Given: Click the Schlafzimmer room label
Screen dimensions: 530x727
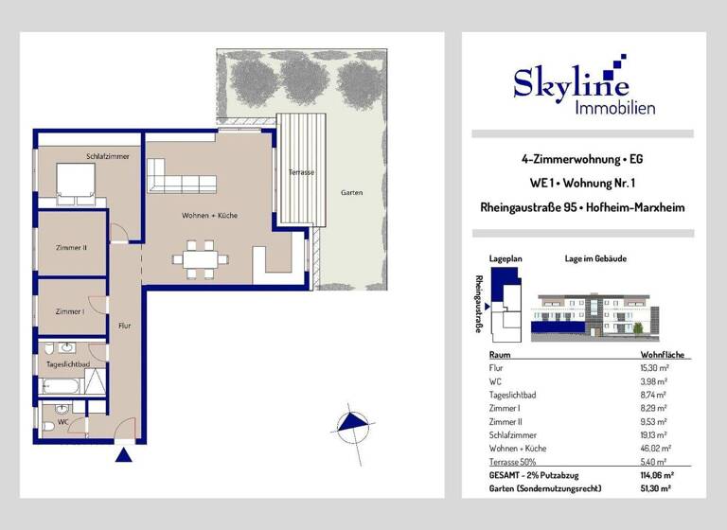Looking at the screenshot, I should pyautogui.click(x=107, y=156).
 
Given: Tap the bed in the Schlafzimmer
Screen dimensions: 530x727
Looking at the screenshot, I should pyautogui.click(x=76, y=181).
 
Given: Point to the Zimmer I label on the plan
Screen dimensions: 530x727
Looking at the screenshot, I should pyautogui.click(x=70, y=311).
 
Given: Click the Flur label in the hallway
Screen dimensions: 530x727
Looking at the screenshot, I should pyautogui.click(x=125, y=326).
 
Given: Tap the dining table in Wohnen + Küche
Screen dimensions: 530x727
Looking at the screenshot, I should pyautogui.click(x=199, y=257).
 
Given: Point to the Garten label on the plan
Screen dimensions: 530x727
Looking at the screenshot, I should pyautogui.click(x=351, y=193).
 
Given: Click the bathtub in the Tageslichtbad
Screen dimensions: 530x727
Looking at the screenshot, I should pyautogui.click(x=62, y=385).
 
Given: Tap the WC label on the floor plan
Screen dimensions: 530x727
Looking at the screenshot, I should pyautogui.click(x=62, y=422).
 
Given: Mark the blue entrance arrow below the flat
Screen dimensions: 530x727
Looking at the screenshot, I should pyautogui.click(x=123, y=457).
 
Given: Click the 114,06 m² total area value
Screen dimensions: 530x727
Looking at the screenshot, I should pyautogui.click(x=655, y=475).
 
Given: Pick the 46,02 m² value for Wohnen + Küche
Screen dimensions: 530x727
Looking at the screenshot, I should pyautogui.click(x=654, y=448).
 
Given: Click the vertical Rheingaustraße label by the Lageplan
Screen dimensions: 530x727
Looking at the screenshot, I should pyautogui.click(x=479, y=304).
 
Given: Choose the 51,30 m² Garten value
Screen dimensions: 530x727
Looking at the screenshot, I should pyautogui.click(x=655, y=488).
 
